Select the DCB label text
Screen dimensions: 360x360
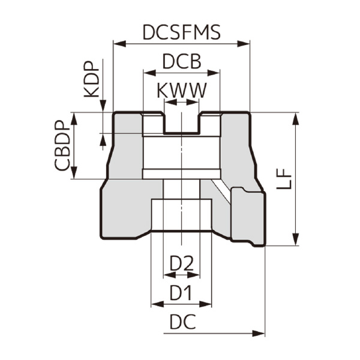(x=181, y=62)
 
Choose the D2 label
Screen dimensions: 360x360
(x=181, y=263)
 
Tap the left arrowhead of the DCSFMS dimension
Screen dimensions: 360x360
(x=118, y=43)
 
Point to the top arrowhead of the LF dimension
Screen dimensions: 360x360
(x=295, y=116)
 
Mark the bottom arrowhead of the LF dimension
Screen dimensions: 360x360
(x=295, y=241)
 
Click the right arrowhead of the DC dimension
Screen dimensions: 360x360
(x=260, y=332)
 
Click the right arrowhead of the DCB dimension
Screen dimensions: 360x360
(x=217, y=73)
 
